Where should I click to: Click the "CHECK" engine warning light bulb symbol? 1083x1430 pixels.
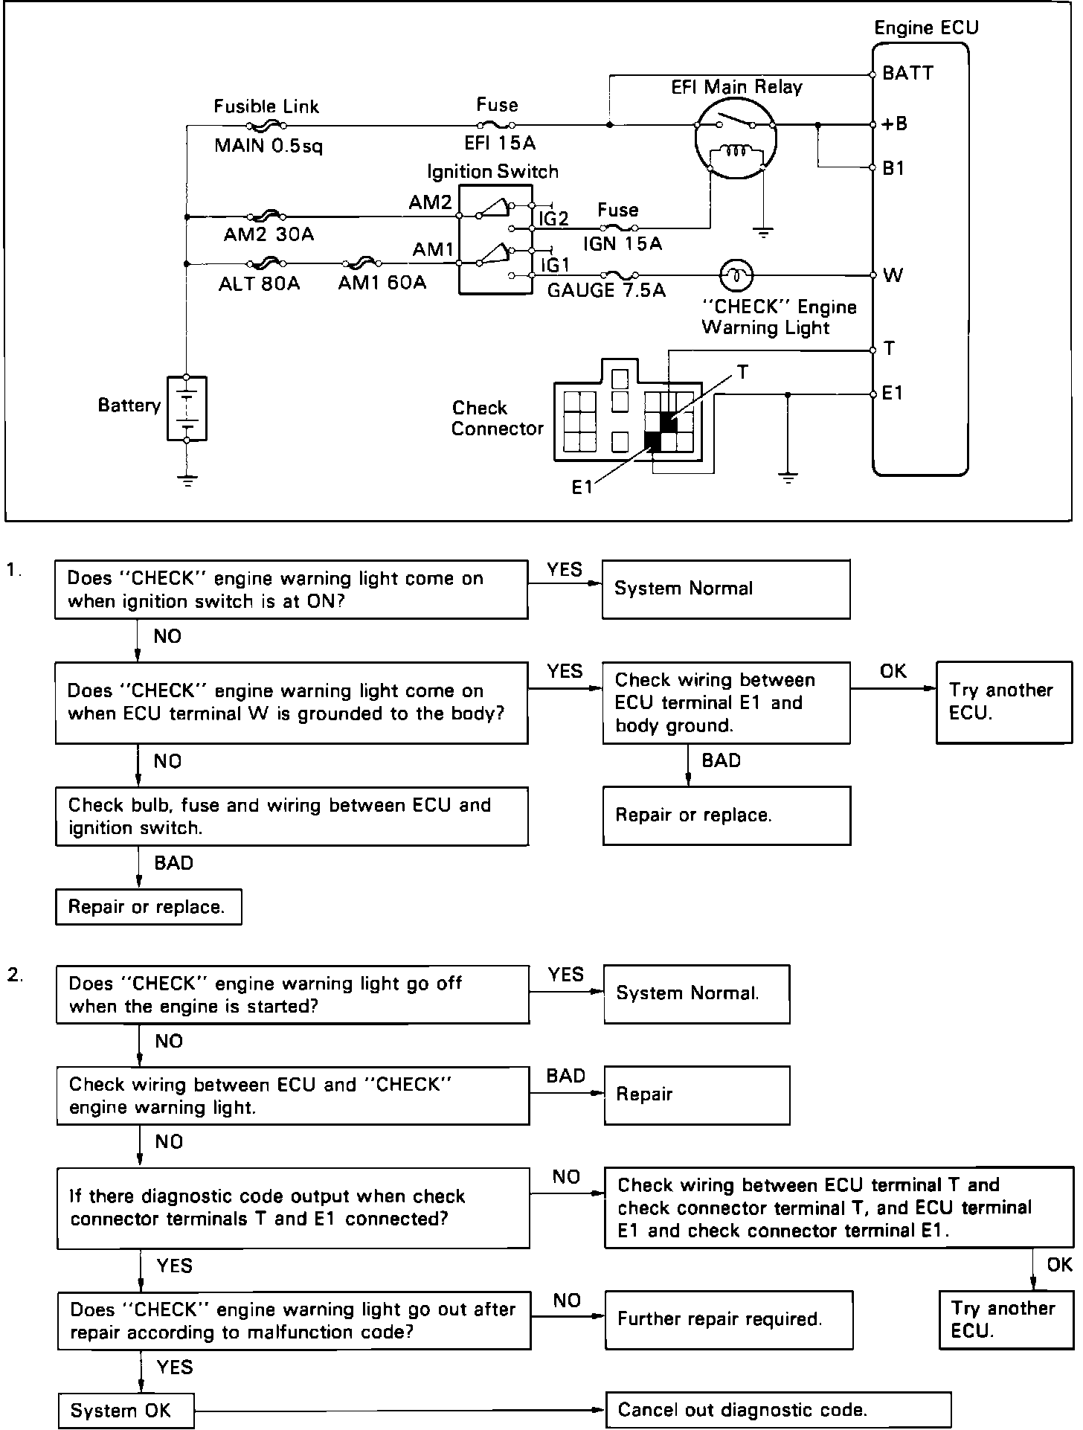tap(736, 275)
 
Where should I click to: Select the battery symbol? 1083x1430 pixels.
tap(187, 408)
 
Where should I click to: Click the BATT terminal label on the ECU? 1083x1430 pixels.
tap(907, 74)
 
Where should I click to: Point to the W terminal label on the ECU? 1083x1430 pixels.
tap(893, 275)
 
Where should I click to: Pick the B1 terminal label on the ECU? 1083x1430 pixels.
tap(893, 168)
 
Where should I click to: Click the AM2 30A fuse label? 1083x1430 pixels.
tap(269, 234)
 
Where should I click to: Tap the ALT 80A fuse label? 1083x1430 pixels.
tap(260, 283)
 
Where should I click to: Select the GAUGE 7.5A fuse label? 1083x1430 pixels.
tap(606, 290)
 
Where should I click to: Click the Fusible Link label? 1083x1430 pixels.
tap(266, 106)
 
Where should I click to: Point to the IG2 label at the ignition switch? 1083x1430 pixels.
tap(554, 218)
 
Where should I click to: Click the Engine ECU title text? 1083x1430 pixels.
tap(926, 28)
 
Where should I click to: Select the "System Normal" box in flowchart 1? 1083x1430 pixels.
tap(726, 589)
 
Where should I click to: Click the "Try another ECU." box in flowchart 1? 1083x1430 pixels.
tap(1004, 702)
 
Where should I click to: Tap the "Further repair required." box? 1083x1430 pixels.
tap(729, 1320)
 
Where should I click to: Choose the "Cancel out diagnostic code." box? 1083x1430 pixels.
tap(779, 1410)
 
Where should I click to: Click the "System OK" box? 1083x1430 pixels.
tap(126, 1411)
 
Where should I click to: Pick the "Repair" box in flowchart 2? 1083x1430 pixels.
tap(697, 1095)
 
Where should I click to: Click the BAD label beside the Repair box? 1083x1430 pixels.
tap(566, 1075)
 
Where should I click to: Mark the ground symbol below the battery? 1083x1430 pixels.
tap(188, 480)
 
